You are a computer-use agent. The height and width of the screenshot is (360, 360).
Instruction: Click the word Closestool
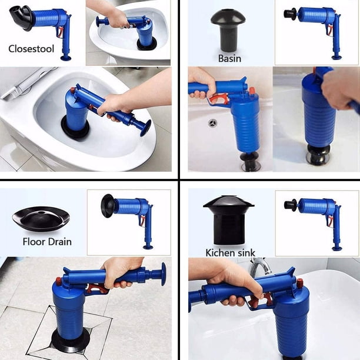pyautogui.click(x=31, y=49)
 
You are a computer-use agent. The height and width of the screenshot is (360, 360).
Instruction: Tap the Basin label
pyautogui.click(x=229, y=59)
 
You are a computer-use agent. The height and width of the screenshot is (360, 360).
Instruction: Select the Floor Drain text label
pyautogui.click(x=47, y=242)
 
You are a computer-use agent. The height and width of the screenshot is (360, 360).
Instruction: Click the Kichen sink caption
pyautogui.click(x=230, y=253)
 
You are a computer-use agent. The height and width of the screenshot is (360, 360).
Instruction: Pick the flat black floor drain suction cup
pyautogui.click(x=41, y=219)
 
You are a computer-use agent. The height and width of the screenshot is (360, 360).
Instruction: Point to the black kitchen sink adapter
pyautogui.click(x=228, y=220)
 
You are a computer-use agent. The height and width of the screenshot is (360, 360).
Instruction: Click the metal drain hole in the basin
pyautogui.click(x=212, y=123)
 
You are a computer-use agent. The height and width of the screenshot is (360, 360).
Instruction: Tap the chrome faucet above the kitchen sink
pyautogui.click(x=259, y=266)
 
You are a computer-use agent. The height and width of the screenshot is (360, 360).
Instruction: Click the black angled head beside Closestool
pyautogui.click(x=21, y=18)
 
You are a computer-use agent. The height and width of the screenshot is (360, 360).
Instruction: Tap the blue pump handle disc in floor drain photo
pyautogui.click(x=164, y=274)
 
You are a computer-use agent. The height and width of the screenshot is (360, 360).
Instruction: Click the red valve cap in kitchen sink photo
pyautogui.click(x=299, y=284)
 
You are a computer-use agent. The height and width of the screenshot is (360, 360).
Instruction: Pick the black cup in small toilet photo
pyautogui.click(x=147, y=44)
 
